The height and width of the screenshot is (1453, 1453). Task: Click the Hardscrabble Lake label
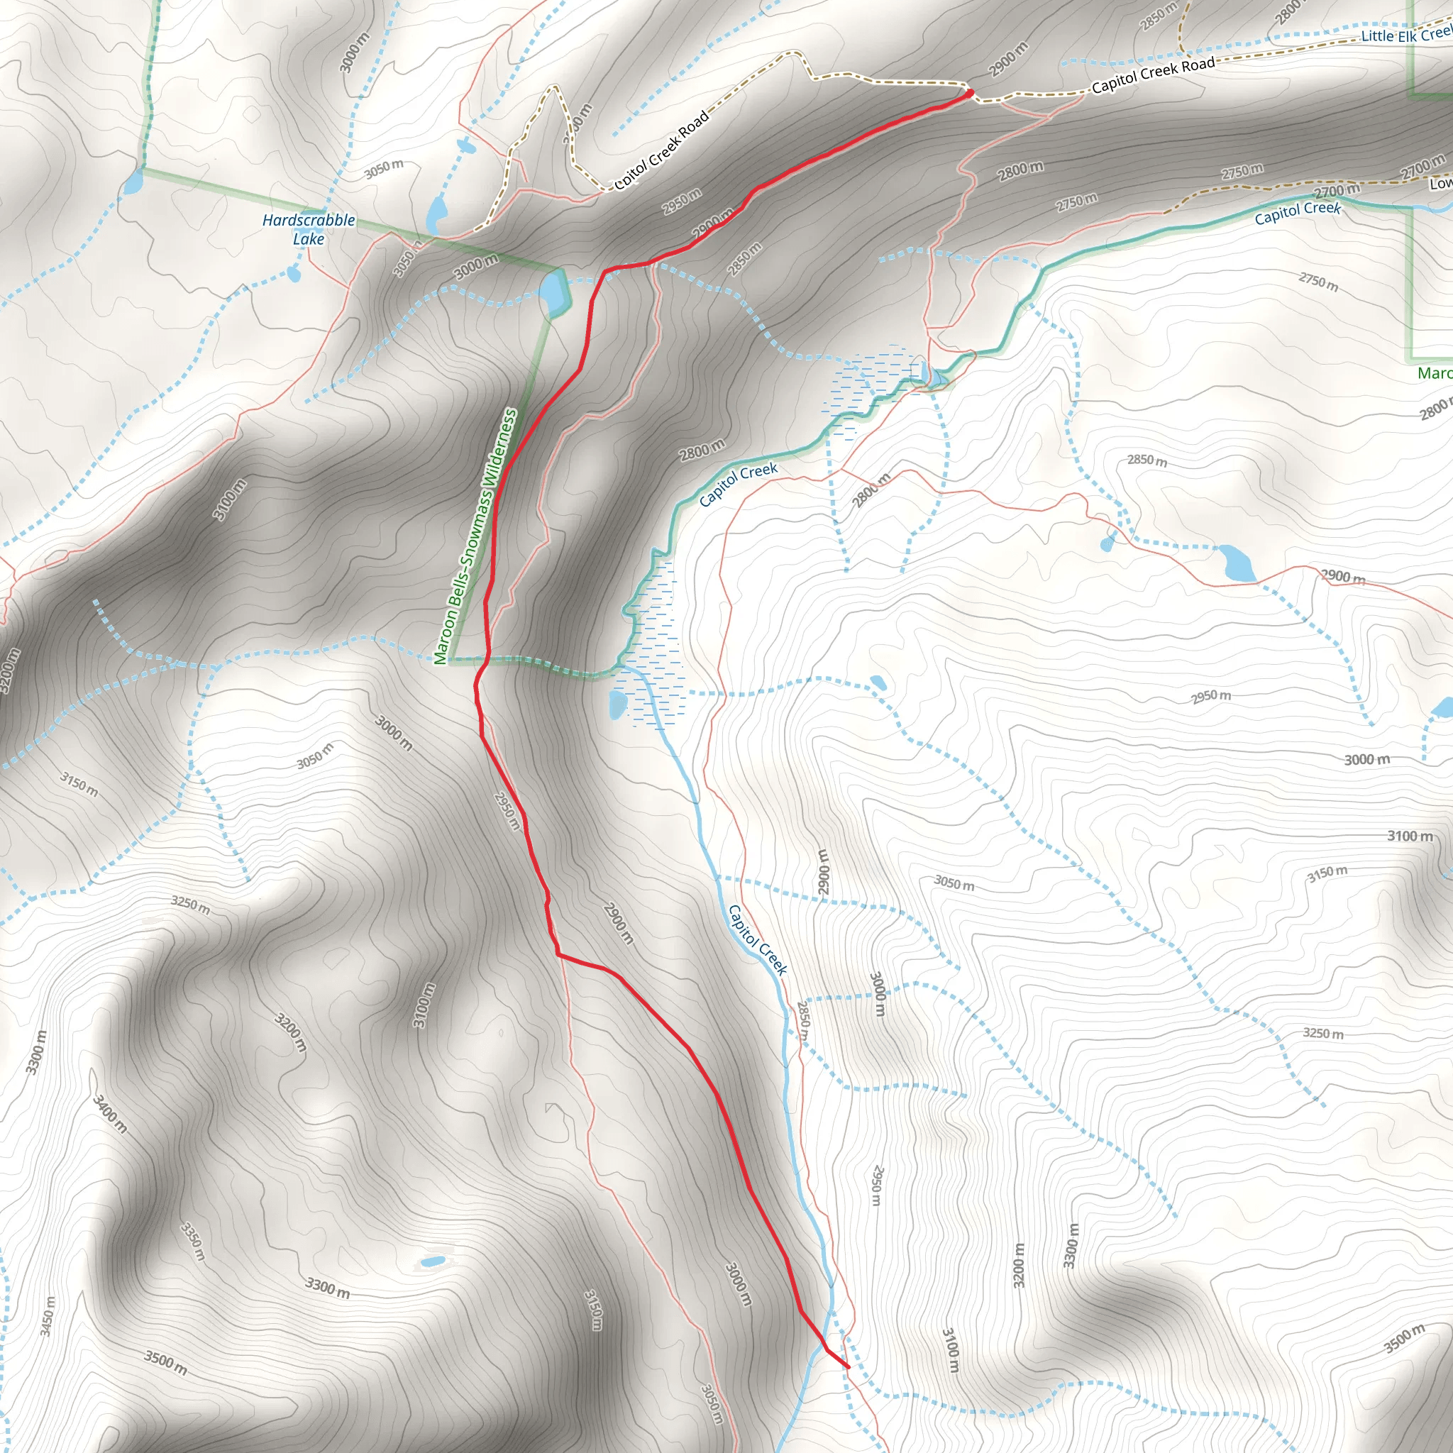click(x=309, y=229)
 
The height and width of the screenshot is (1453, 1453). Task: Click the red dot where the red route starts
click(x=969, y=92)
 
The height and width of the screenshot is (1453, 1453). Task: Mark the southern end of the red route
click(x=849, y=1367)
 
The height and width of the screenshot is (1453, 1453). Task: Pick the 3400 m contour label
click(x=110, y=1114)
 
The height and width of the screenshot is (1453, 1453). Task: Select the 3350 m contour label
click(x=193, y=1241)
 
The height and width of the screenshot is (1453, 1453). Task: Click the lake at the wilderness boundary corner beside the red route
click(x=553, y=294)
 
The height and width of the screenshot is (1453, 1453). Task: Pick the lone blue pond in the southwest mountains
click(x=433, y=1261)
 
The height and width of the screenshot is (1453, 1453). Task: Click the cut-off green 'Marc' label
click(x=1433, y=373)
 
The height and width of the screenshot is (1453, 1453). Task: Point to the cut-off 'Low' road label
click(x=1440, y=184)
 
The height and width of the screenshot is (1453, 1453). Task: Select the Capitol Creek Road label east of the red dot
click(x=1152, y=75)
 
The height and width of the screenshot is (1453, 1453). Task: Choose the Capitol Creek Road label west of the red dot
click(x=662, y=150)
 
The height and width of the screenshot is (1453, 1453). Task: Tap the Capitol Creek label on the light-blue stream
click(x=757, y=940)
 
